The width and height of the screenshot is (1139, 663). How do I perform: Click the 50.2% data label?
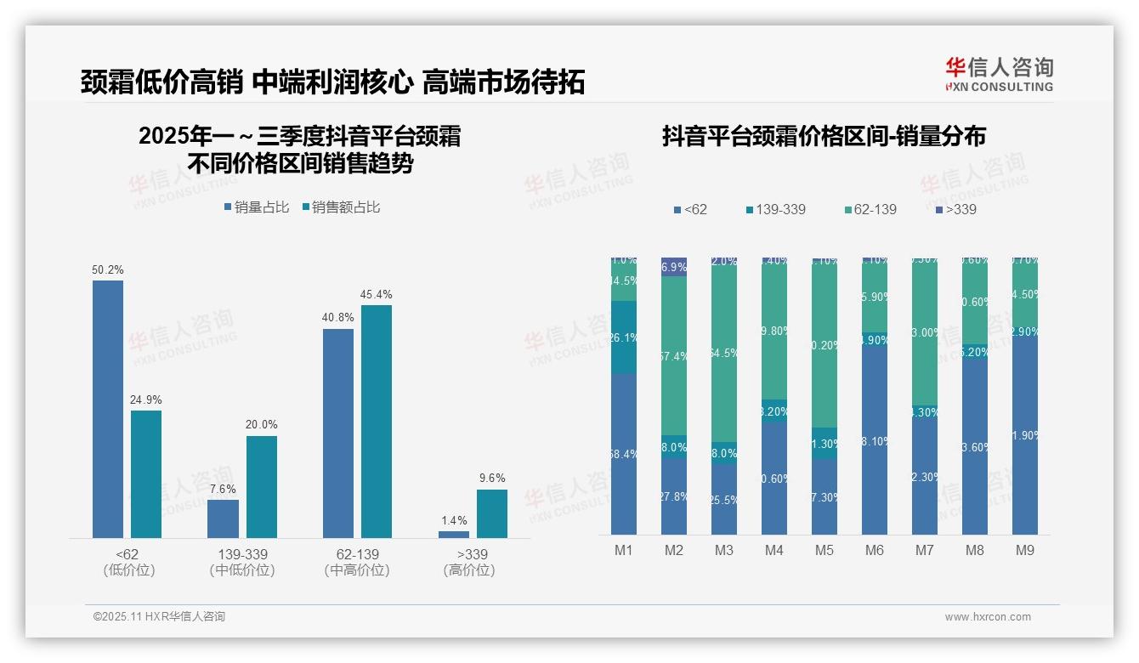click(x=108, y=270)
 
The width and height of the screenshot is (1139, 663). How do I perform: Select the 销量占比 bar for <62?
click(x=108, y=409)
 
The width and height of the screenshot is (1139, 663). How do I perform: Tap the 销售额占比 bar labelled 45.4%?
click(x=377, y=421)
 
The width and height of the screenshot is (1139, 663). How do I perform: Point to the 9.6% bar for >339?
click(x=491, y=513)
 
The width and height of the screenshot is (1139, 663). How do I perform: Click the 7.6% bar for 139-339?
click(x=223, y=518)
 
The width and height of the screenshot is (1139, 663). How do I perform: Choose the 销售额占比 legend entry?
click(x=341, y=207)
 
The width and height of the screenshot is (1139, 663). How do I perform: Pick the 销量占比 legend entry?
click(x=257, y=207)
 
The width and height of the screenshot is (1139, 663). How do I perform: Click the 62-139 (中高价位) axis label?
click(x=357, y=562)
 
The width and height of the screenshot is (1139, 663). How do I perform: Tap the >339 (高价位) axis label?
click(x=469, y=562)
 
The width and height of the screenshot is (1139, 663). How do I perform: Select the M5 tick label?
click(x=824, y=550)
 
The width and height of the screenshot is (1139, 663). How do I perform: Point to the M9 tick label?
click(x=1024, y=550)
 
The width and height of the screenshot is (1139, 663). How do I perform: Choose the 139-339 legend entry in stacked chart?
click(x=774, y=209)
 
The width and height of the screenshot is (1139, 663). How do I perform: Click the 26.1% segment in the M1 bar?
click(x=624, y=337)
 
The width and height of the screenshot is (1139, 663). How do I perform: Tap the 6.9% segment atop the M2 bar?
click(x=674, y=267)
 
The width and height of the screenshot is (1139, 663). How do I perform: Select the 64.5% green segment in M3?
click(x=724, y=352)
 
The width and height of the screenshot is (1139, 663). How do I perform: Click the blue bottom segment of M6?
click(x=874, y=439)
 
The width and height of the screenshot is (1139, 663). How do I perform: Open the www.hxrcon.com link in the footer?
click(x=988, y=617)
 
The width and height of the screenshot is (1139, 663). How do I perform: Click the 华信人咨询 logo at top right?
click(x=999, y=74)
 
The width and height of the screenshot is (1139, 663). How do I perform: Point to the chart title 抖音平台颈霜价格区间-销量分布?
click(x=824, y=137)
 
